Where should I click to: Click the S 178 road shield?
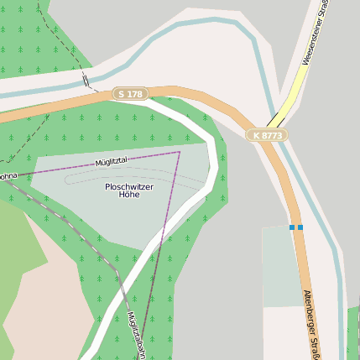[x=130, y=95]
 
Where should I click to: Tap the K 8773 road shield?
[x=267, y=134]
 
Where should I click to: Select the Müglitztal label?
[x=112, y=159]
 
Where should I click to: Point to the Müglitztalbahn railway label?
[x=135, y=331]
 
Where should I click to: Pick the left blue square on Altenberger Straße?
[x=292, y=227]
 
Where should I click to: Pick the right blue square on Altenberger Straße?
[x=300, y=227]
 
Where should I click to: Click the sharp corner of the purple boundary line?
[x=180, y=152]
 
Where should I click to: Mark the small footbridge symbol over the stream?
[x=86, y=80]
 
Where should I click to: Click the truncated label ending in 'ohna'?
[x=8, y=176]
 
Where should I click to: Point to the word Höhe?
[x=129, y=195]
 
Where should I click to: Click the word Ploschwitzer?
[x=129, y=185]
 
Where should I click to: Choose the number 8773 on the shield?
[x=272, y=134]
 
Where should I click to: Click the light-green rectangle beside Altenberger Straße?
[x=280, y=265]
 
